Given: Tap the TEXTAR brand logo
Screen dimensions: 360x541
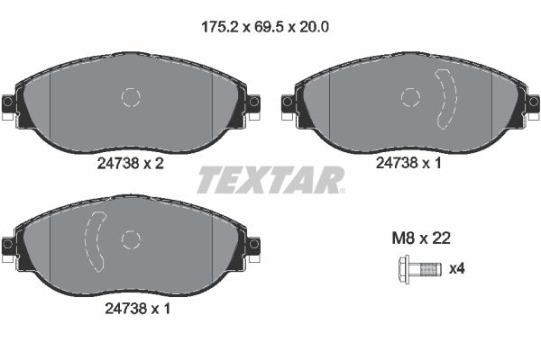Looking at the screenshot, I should tap(270, 180).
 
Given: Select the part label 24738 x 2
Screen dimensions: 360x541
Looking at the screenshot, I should tap(131, 165).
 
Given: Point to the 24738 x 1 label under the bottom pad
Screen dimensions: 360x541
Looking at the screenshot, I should tap(131, 307).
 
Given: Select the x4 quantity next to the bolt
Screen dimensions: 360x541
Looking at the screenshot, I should tap(457, 268).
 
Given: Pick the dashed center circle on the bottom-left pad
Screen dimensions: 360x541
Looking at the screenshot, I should tap(132, 238).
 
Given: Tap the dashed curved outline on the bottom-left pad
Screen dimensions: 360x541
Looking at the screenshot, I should tap(94, 238).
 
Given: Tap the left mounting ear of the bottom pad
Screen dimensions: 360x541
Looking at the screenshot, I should tap(9, 245).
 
